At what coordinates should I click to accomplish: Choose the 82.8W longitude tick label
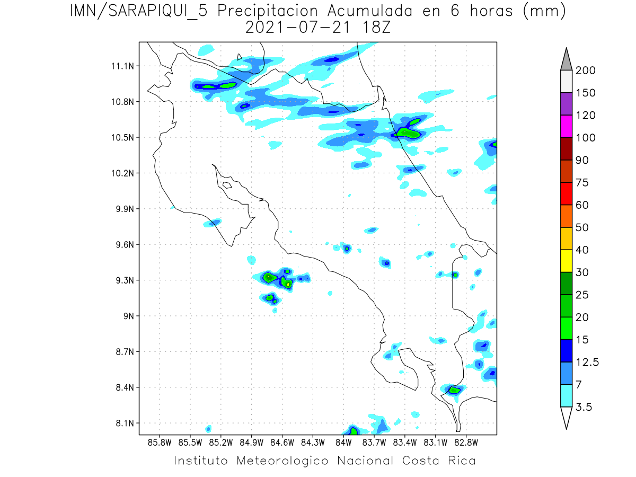click(466, 442)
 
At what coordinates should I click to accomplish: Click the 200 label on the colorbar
click(586, 70)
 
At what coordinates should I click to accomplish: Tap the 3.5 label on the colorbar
click(584, 407)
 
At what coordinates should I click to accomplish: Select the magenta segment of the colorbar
click(566, 127)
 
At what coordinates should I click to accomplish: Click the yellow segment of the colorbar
click(566, 261)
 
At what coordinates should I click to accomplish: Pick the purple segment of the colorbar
click(566, 104)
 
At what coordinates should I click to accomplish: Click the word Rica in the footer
click(461, 461)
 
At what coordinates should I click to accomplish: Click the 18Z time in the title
click(376, 27)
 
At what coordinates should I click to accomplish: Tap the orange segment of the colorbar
click(566, 216)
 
